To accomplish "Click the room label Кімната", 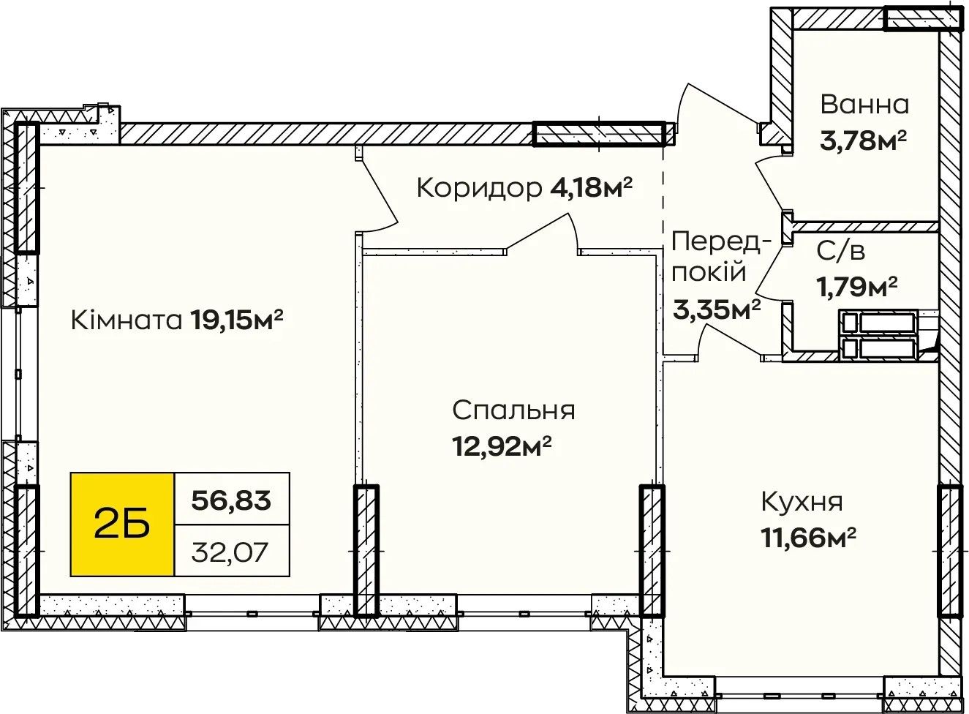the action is [x=127, y=320].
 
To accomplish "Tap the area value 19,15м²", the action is [x=236, y=320].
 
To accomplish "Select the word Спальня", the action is [x=513, y=410].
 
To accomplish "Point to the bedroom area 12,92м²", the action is [x=502, y=446].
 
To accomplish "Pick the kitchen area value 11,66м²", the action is [x=809, y=538].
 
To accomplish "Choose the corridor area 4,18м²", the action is [x=591, y=188].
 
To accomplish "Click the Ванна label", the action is [x=864, y=105].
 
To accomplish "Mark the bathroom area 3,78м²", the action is [x=863, y=140].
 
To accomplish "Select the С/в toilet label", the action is [x=840, y=251].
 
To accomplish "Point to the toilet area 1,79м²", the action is [x=856, y=287].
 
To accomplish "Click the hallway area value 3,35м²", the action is [x=717, y=309].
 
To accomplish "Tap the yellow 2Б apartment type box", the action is [x=122, y=524].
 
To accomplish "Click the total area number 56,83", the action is [x=231, y=500].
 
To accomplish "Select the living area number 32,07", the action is [x=230, y=552].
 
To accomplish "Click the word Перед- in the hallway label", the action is [x=722, y=243].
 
